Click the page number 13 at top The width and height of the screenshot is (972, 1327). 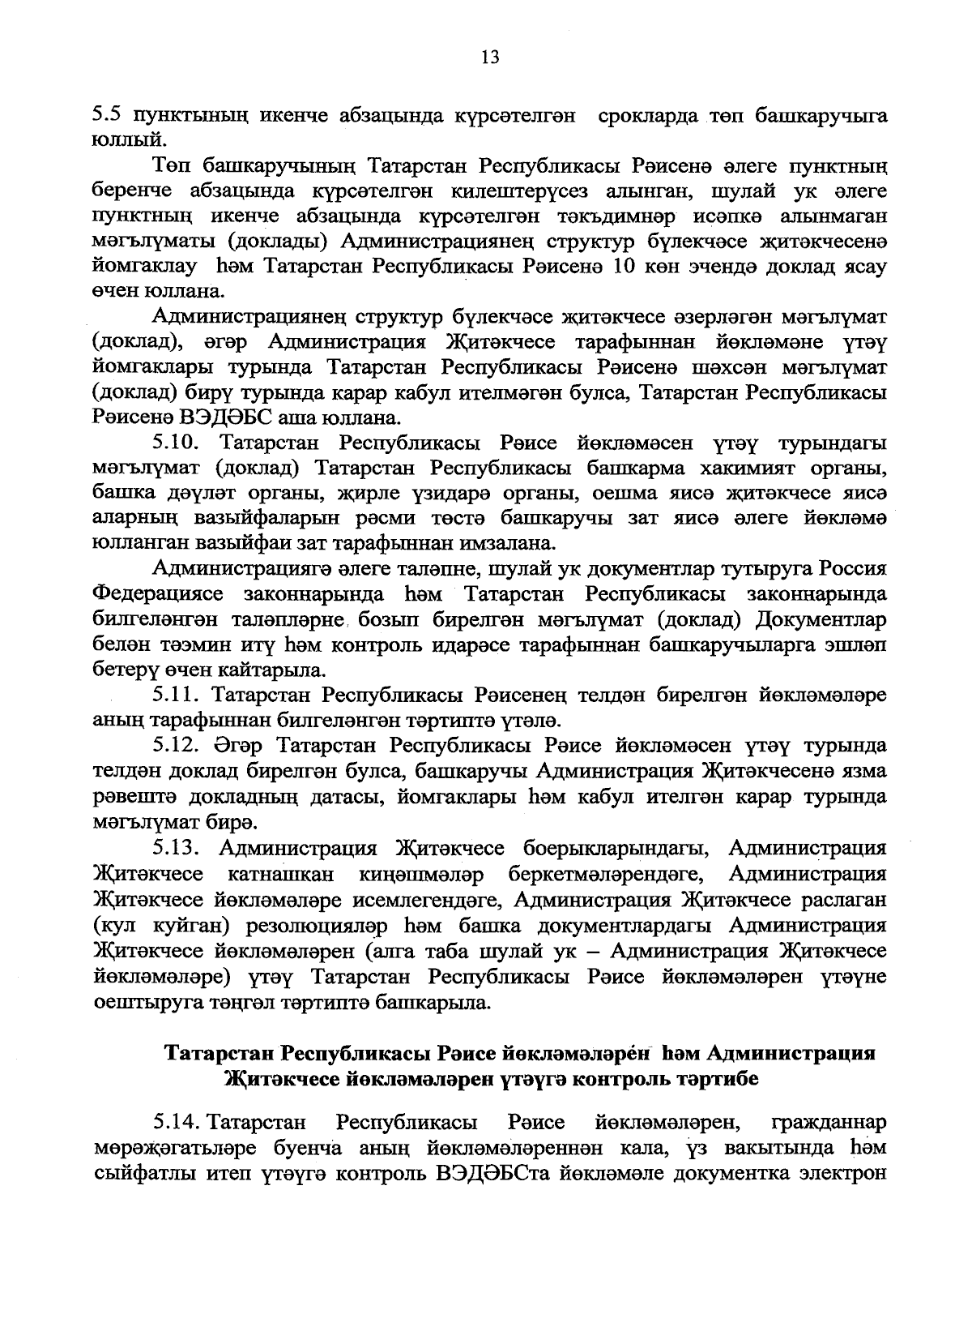[489, 57]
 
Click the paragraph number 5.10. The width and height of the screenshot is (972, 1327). [183, 443]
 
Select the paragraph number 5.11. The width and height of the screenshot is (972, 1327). [182, 696]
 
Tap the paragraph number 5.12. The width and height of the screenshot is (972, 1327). [183, 746]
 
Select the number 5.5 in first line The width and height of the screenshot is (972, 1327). [108, 115]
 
